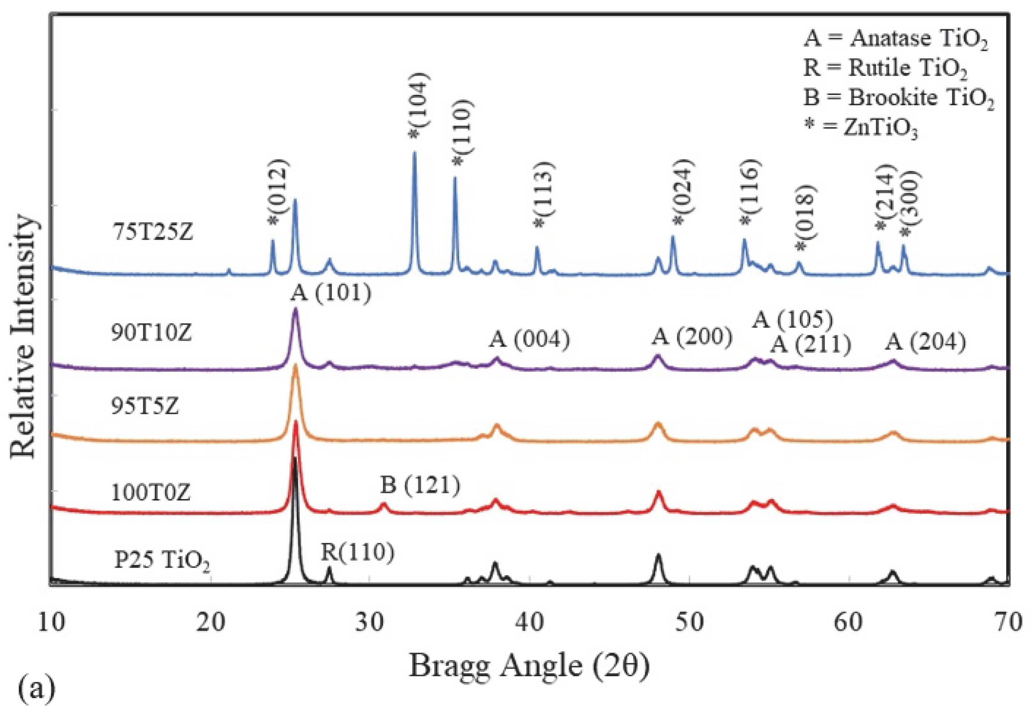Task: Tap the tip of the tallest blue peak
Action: click(414, 153)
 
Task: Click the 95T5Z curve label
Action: click(145, 406)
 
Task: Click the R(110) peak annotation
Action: click(357, 552)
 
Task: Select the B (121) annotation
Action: click(420, 485)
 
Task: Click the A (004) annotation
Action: click(529, 340)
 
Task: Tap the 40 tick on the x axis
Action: click(530, 622)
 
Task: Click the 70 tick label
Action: click(1008, 622)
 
